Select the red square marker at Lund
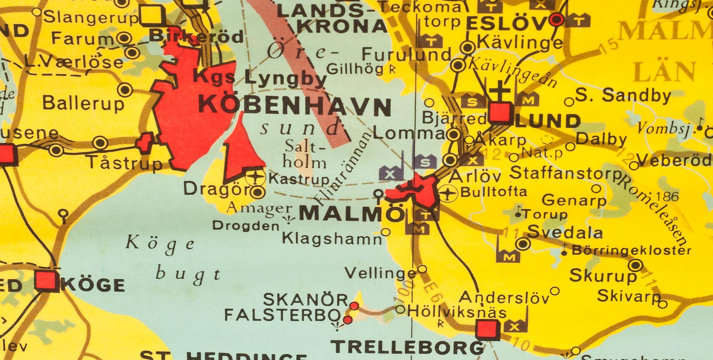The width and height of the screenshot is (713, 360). point(501,113)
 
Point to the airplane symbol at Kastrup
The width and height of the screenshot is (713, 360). point(256,177)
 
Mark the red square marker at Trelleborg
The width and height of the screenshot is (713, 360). point(488,329)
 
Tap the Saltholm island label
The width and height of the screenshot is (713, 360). point(305,155)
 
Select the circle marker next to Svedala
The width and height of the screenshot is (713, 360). point(523,244)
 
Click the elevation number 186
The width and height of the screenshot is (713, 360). point(667,196)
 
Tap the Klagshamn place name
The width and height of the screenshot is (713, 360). point(332,238)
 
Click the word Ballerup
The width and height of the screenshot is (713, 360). point(83,104)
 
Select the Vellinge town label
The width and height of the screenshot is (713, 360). point(380,273)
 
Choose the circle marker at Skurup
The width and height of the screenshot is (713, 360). point(636,265)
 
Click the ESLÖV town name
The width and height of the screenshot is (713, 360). point(506,24)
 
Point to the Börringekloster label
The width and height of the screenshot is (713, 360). point(631,251)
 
